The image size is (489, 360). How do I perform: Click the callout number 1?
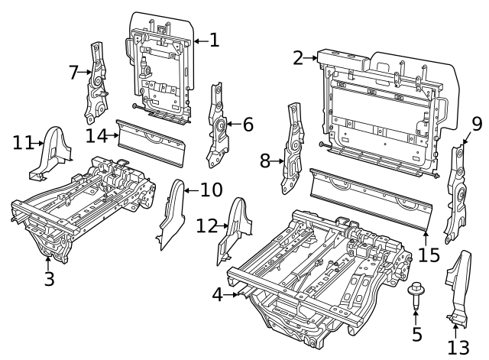(x=214, y=40)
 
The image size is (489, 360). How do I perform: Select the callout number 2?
(x=298, y=57)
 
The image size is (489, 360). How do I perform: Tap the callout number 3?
(x=49, y=279)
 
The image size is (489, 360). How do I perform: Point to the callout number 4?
(x=218, y=294)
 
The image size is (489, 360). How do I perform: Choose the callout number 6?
(x=248, y=124)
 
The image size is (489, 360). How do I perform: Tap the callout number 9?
(x=477, y=123)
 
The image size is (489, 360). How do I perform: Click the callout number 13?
(x=457, y=348)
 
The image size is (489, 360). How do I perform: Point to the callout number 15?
(x=429, y=254)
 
